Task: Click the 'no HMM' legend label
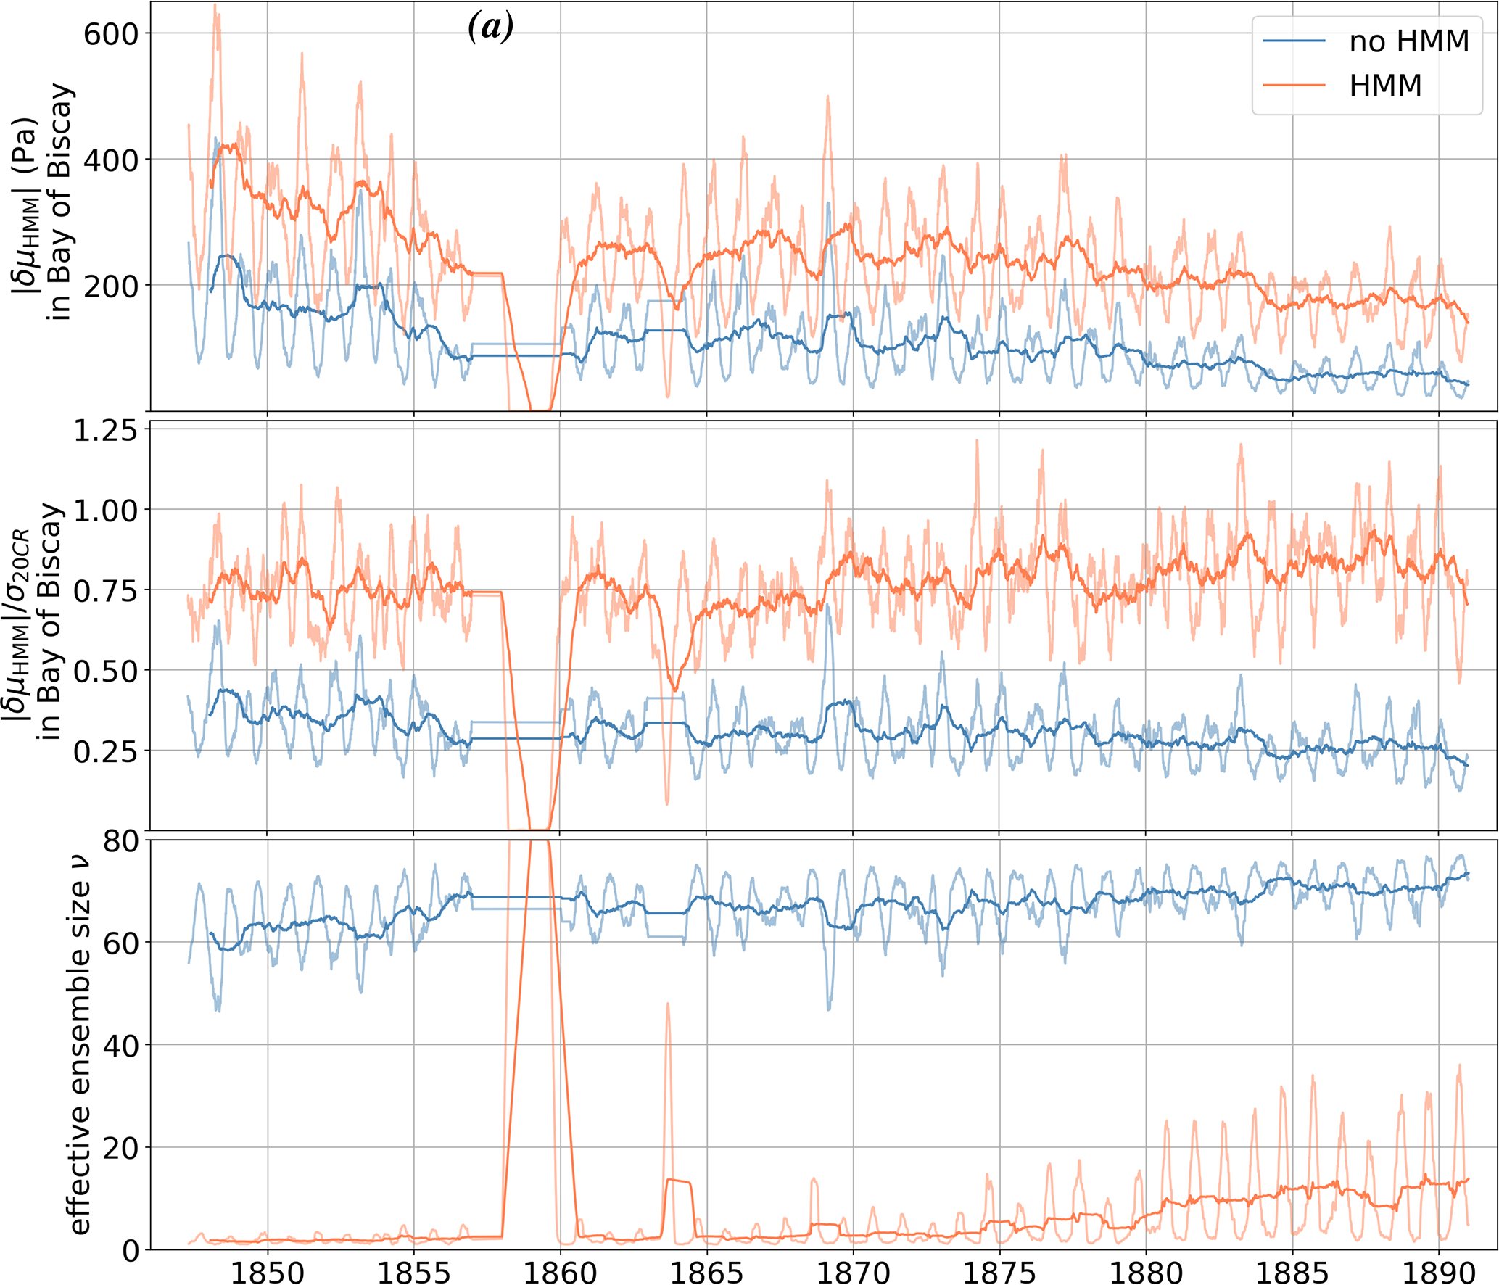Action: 1408,41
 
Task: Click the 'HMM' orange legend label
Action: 1385,86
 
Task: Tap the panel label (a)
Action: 491,27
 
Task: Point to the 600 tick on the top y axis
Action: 111,33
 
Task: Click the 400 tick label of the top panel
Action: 111,160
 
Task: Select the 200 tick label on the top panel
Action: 111,286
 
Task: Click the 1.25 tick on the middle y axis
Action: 105,430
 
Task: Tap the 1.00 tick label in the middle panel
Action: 105,511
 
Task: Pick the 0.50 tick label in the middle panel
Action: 105,672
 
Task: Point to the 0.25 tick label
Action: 105,752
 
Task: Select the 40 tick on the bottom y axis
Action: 121,1046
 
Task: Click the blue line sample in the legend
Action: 1294,41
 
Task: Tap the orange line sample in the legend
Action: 1294,86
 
